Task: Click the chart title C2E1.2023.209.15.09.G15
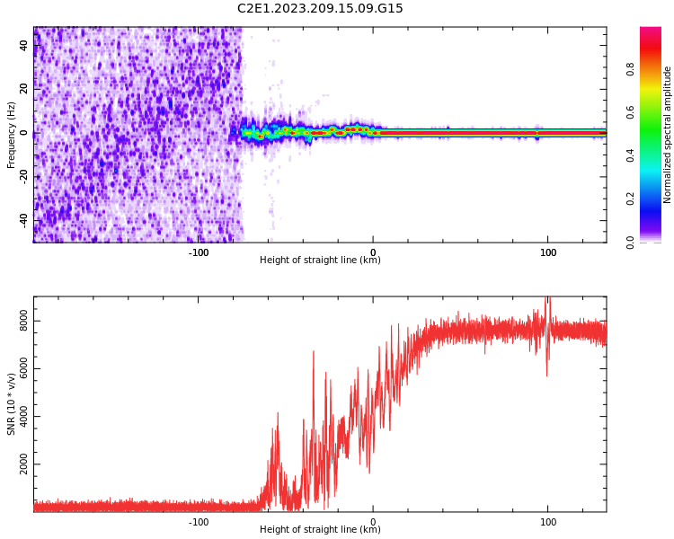(320, 8)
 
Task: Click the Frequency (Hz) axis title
(12, 135)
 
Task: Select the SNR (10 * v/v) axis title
(12, 403)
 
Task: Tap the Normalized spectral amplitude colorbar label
(668, 135)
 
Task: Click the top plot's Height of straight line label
(320, 261)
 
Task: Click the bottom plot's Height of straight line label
(320, 530)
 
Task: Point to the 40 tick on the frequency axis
(24, 45)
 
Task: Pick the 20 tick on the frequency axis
(24, 89)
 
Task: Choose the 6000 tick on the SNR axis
(24, 370)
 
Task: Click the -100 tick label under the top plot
(199, 252)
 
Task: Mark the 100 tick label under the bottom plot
(547, 522)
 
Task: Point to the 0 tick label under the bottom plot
(373, 522)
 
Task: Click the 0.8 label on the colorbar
(631, 69)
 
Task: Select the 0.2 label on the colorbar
(631, 199)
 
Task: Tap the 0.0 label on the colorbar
(631, 242)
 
